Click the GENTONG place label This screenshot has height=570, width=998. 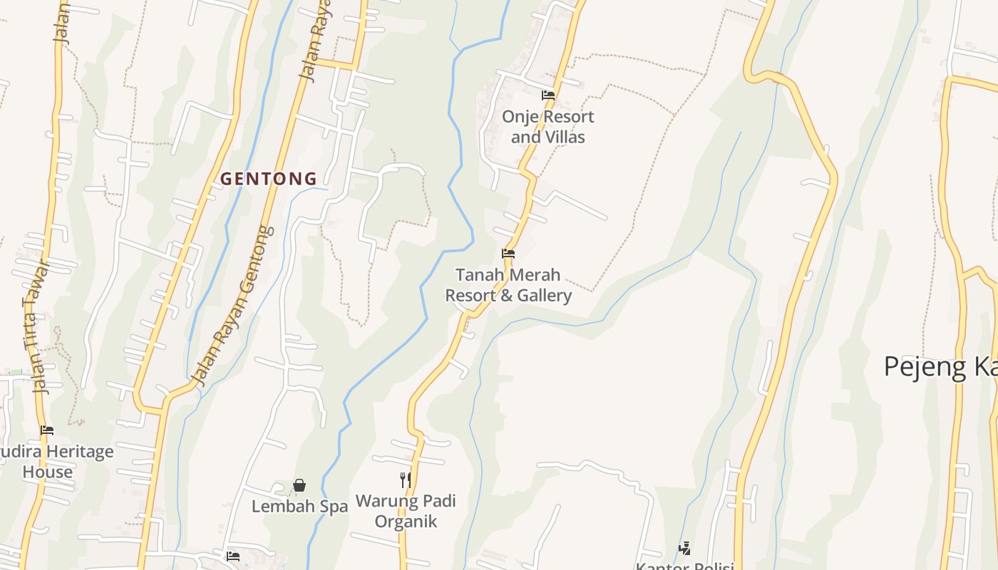(x=268, y=179)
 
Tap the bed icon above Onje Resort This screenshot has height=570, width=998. (x=547, y=95)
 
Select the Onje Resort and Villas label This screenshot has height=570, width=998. (x=547, y=127)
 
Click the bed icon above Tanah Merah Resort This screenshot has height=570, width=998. (x=508, y=253)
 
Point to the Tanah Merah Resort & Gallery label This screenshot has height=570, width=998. (x=508, y=285)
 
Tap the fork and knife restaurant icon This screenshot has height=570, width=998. (x=406, y=480)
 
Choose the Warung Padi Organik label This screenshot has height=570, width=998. (x=406, y=511)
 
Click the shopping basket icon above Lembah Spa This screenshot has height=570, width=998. (x=299, y=485)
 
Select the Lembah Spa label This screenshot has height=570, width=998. (x=299, y=507)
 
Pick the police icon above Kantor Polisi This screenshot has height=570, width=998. (x=684, y=548)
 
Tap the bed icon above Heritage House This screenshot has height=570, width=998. (x=47, y=430)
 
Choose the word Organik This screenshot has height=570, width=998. (x=406, y=521)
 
